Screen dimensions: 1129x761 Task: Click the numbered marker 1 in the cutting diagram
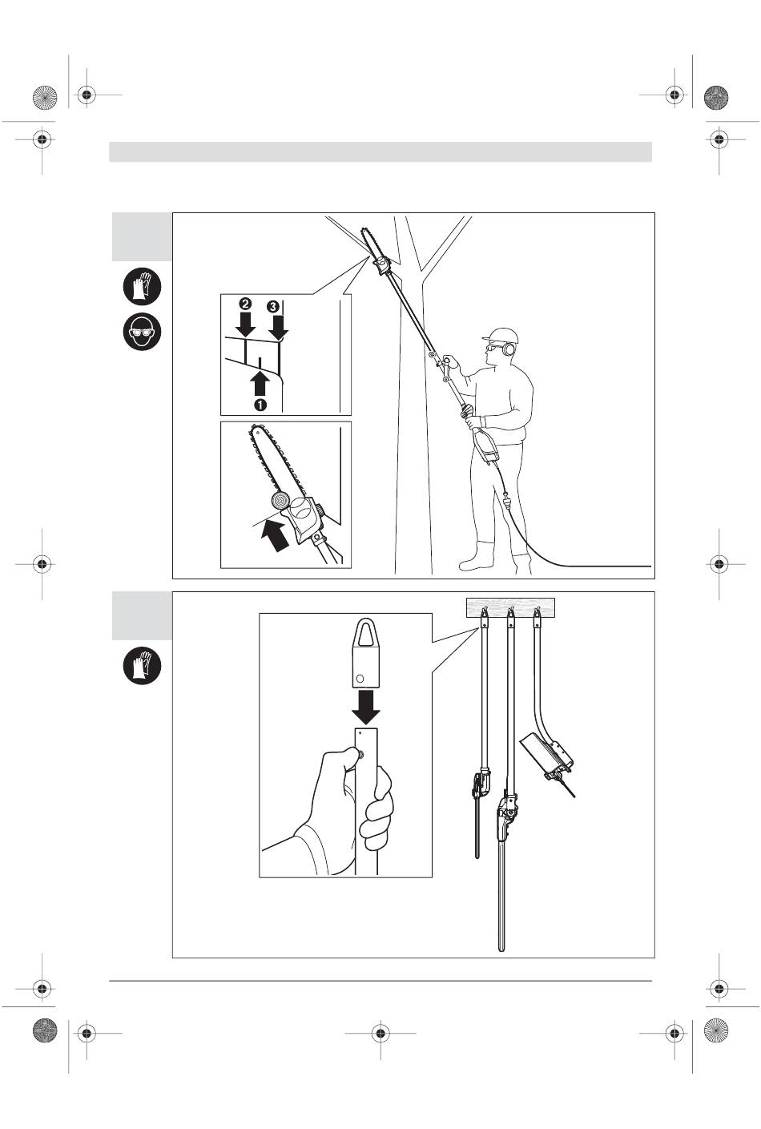pos(260,405)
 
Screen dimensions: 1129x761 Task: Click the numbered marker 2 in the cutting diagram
pos(246,305)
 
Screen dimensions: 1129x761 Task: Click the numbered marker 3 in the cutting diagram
pos(273,306)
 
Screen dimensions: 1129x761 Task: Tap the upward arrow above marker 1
pos(260,381)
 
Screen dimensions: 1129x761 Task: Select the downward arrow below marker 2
pos(246,325)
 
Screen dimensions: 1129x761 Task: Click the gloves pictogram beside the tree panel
pos(143,285)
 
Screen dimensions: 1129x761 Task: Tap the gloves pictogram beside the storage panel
pos(143,665)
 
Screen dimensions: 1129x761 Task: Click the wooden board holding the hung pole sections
pos(510,607)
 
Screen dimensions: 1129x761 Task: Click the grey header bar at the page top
pos(380,152)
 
